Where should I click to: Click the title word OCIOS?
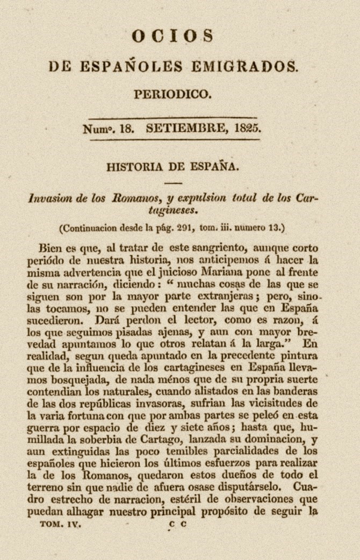point(173,36)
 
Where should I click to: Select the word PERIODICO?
point(172,94)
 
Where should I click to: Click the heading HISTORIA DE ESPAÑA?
point(172,166)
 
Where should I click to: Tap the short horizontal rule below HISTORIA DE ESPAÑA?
point(173,183)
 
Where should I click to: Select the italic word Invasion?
point(51,198)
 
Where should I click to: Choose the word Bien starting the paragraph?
point(51,248)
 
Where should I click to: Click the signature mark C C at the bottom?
point(177,523)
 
